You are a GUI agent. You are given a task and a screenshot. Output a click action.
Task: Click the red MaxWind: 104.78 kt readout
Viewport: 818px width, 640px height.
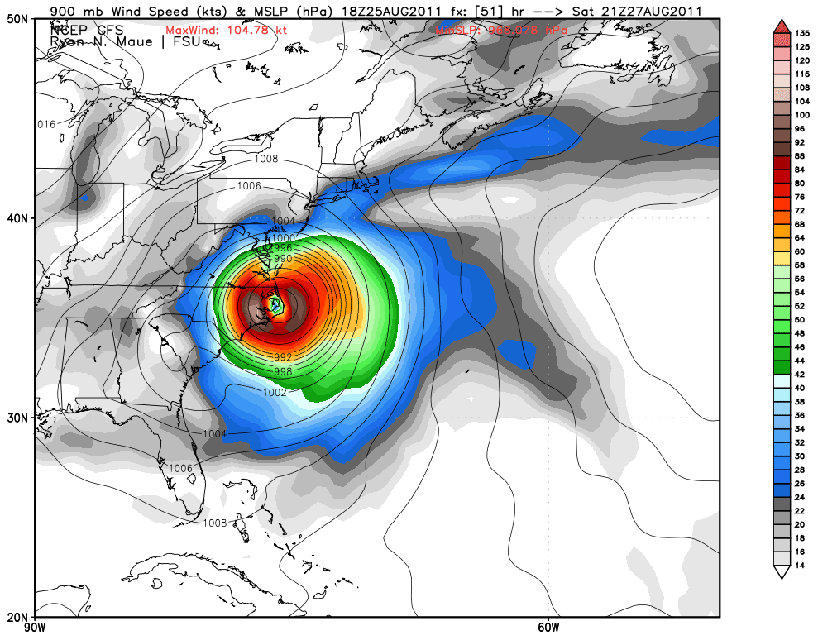pos(213,31)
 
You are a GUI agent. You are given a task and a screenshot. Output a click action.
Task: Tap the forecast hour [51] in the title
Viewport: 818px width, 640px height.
pos(494,11)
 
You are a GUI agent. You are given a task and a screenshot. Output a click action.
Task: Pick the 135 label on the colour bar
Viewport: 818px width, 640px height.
pos(778,34)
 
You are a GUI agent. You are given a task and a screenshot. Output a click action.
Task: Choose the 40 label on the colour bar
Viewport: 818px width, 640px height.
pos(778,387)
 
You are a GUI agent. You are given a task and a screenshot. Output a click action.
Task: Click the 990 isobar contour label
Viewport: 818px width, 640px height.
pos(284,259)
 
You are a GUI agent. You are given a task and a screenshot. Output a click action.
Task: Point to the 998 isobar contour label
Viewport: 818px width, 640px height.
pos(283,370)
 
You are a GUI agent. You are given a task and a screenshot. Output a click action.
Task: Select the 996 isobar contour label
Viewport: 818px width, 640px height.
pos(283,248)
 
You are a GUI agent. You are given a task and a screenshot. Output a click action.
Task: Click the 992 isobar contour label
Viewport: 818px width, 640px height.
pos(281,357)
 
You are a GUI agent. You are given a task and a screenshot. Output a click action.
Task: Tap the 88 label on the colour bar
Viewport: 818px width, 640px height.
pos(778,156)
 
